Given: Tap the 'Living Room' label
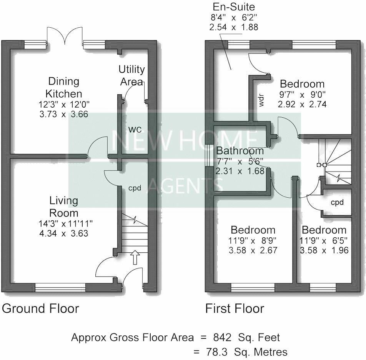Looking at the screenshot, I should pos(63,207).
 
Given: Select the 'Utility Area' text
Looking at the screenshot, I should pos(131,75).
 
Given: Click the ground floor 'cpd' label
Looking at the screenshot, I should pos(135,188).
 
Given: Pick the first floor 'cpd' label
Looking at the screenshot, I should pos(337,202).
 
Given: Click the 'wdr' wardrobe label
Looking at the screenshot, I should pos(261,100).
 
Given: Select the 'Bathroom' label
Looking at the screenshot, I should pos(240,151).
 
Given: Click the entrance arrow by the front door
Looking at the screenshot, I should pos(135,257).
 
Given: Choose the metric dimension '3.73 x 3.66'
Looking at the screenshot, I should pos(63,114).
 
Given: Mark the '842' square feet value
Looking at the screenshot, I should pos(222,338).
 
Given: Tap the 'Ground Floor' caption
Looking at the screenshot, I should pos(40,308).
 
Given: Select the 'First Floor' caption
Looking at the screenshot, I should pos(235,308).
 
